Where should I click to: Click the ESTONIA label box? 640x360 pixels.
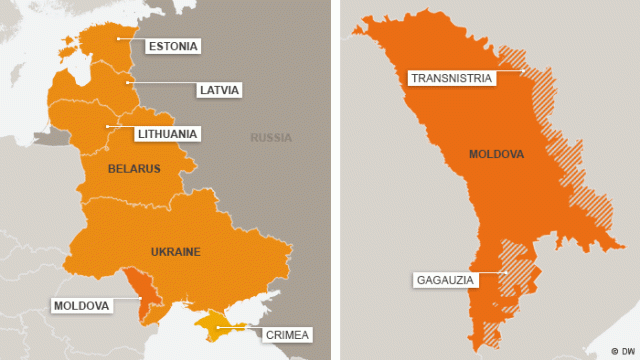(x=173, y=46)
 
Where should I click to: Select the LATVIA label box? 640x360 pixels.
(x=219, y=90)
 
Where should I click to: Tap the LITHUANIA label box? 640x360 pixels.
(x=167, y=133)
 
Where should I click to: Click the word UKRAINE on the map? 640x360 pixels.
(x=175, y=251)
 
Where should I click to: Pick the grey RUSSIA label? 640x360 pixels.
(x=271, y=138)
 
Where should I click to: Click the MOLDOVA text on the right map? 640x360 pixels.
(x=497, y=155)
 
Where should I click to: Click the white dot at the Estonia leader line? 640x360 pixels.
(x=119, y=39)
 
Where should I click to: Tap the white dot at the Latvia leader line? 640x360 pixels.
(x=126, y=83)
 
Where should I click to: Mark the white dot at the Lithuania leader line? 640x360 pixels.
(x=107, y=126)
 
